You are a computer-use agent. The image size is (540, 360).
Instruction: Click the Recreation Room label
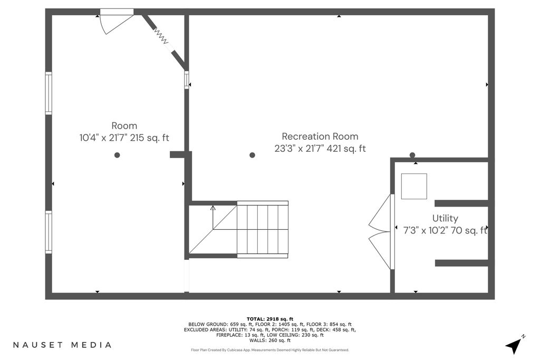coord(320,137)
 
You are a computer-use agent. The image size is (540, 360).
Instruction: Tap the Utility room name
coord(445,218)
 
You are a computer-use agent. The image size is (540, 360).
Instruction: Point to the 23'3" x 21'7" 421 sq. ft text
coord(320,148)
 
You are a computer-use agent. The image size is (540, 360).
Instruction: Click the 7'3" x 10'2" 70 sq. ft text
coord(445,230)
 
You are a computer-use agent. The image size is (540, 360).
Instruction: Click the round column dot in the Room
coord(117,155)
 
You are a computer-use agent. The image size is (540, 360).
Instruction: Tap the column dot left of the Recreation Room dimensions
coord(252,155)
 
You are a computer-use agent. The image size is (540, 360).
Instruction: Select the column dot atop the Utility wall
coord(412,155)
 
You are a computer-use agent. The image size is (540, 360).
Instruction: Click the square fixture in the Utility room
coord(414,186)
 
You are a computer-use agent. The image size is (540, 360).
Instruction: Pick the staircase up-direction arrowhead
coord(213,208)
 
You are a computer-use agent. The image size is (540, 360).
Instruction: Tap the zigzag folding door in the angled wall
coord(161,36)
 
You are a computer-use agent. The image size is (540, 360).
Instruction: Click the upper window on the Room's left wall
coord(49,93)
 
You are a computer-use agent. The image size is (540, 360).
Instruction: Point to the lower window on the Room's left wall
coord(49,232)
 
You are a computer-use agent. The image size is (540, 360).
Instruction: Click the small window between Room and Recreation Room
coord(187,80)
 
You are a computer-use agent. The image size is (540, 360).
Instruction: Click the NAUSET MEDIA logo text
coord(62,345)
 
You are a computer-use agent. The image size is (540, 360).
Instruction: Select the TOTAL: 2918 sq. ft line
coord(270,319)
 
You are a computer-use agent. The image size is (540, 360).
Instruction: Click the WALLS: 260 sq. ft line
coord(270,340)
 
